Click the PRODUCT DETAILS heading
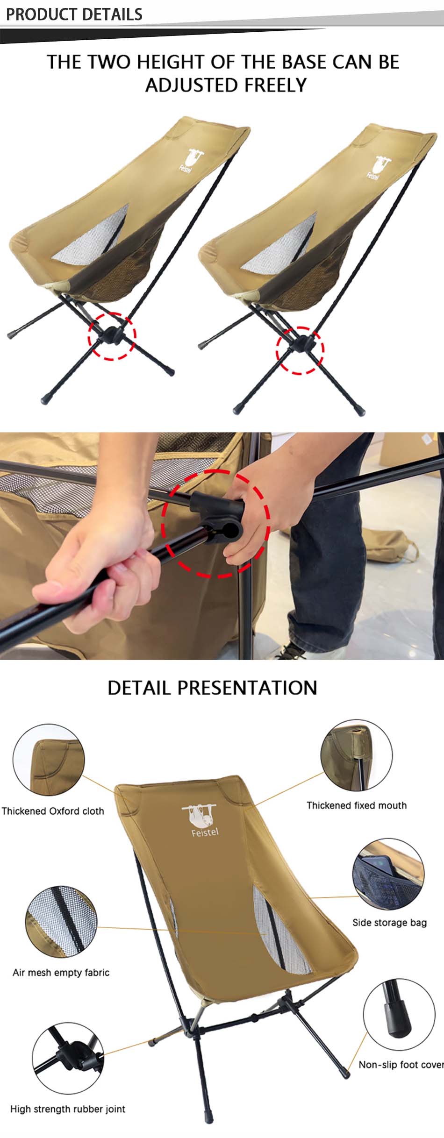[74, 14]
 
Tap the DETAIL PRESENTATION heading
[212, 688]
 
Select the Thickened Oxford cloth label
[53, 811]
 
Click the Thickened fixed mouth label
[356, 805]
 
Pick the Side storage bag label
[389, 923]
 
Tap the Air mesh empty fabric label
[61, 973]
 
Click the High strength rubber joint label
[68, 1109]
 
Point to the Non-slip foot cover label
[400, 1065]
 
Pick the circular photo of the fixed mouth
[356, 756]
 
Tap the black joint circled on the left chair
[111, 335]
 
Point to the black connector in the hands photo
[220, 519]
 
